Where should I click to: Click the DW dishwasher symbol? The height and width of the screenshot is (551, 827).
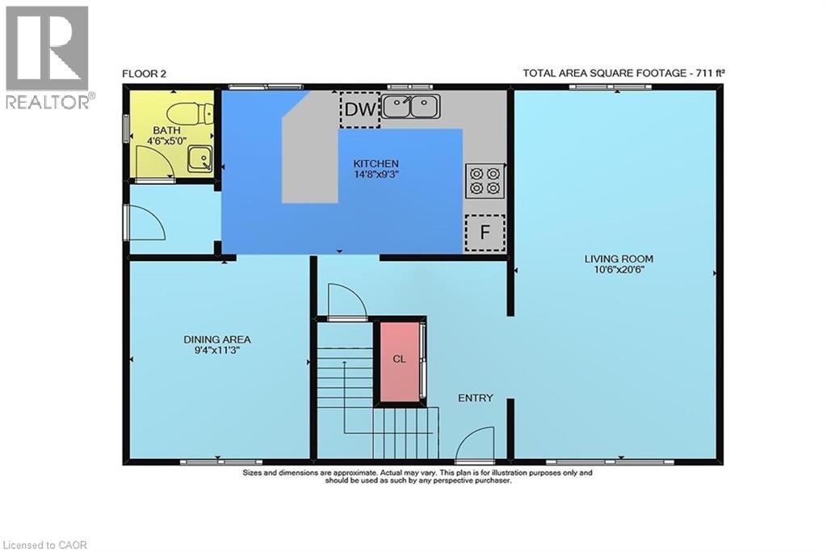tap(359, 109)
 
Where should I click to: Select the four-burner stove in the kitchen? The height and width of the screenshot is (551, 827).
tap(485, 180)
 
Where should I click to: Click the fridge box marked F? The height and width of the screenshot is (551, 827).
tap(485, 232)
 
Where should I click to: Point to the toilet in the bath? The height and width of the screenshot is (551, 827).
tap(189, 112)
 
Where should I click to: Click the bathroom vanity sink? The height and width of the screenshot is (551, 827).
tap(200, 159)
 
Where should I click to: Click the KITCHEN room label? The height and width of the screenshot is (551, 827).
tap(376, 164)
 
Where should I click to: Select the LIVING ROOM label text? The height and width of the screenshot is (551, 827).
tap(619, 259)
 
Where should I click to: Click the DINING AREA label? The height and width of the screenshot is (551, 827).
tap(216, 339)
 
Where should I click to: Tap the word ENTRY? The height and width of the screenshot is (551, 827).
tap(475, 398)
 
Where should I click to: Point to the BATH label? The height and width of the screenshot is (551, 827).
tap(166, 130)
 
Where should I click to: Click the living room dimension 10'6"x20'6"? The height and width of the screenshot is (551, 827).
tap(619, 270)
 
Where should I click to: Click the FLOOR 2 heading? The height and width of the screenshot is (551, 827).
tap(144, 74)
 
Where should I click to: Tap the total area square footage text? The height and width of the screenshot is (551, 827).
tap(623, 73)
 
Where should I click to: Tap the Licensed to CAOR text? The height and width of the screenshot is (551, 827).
tap(44, 545)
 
